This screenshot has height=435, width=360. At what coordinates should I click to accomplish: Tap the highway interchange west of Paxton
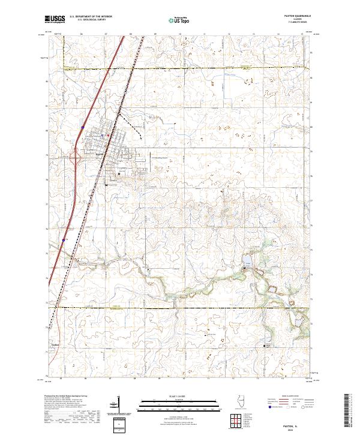(x=76, y=158)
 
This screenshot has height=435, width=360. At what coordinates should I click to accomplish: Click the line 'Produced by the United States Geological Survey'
(x=63, y=397)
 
